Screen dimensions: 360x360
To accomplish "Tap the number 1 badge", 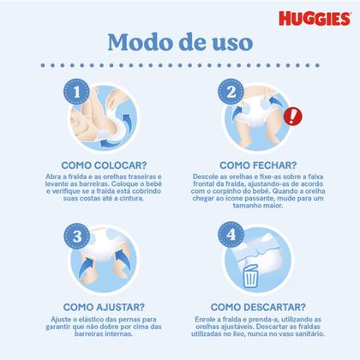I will [x=78, y=89].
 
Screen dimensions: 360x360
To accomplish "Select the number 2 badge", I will [x=230, y=89].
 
